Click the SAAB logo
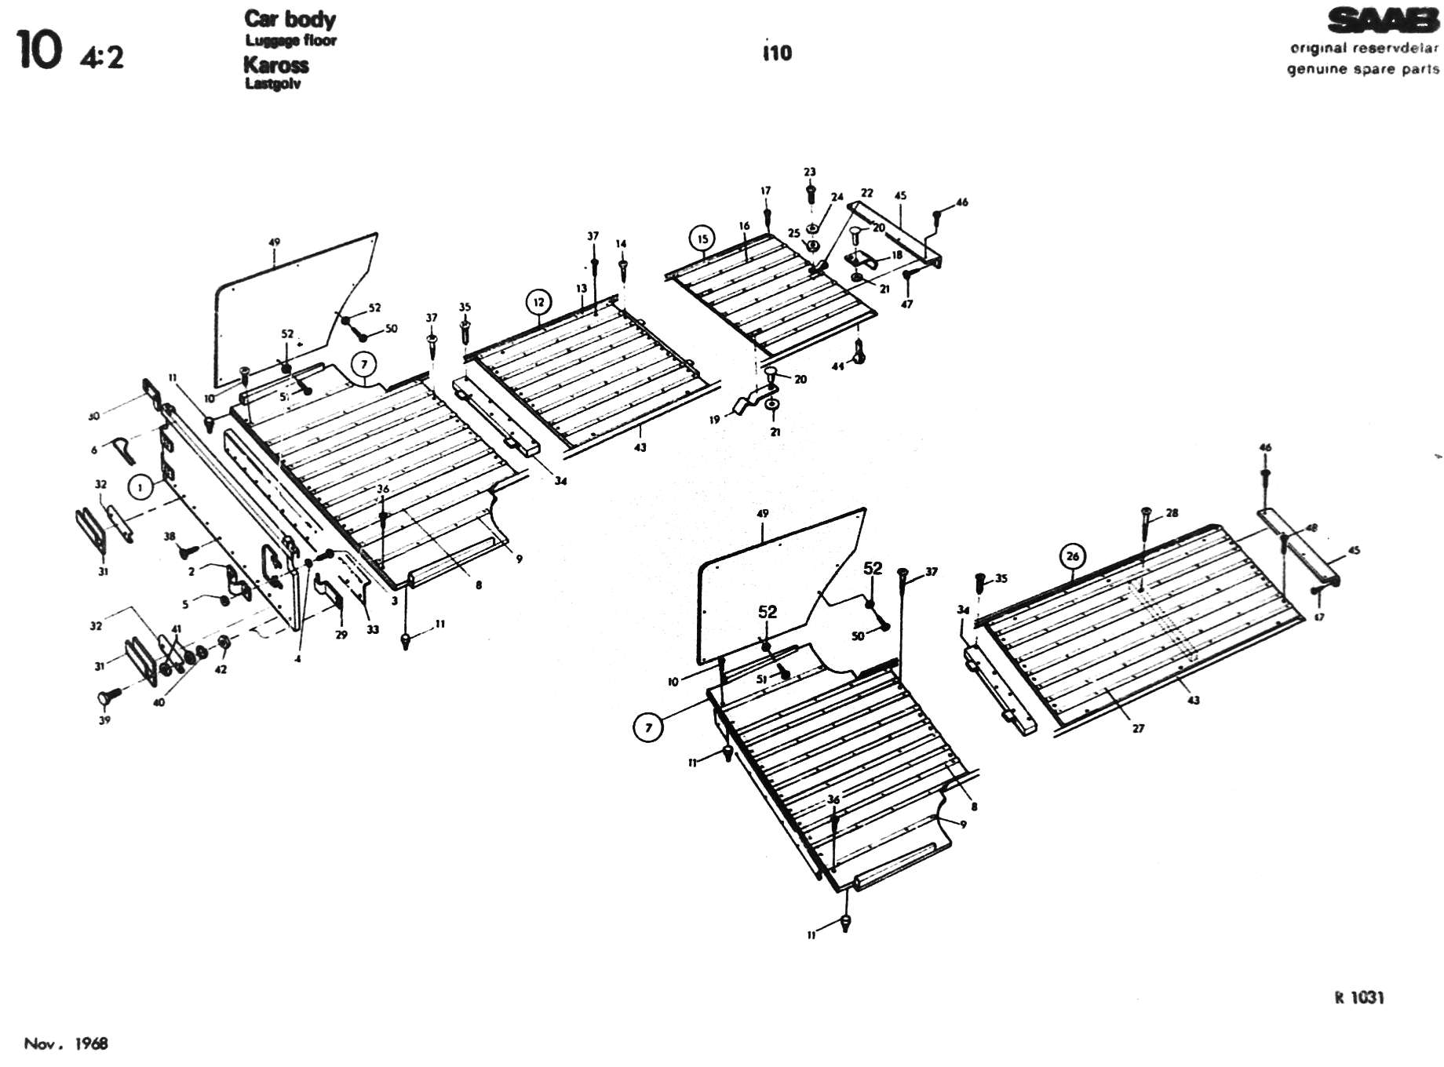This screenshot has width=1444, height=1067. (x=1383, y=21)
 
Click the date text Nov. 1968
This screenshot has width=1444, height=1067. (x=66, y=1043)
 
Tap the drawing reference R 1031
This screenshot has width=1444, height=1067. (x=1359, y=998)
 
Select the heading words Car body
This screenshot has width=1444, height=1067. (x=290, y=19)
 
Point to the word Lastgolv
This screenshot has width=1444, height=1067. (x=272, y=84)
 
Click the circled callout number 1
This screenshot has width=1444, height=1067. (x=140, y=488)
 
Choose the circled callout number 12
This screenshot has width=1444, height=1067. (x=538, y=302)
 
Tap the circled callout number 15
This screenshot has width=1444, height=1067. (x=702, y=239)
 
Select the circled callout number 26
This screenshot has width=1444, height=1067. (x=1072, y=556)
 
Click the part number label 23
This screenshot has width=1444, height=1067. (x=810, y=172)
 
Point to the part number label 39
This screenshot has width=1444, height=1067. (x=104, y=719)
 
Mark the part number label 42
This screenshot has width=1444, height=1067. (x=221, y=669)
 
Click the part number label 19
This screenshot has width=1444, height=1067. (x=714, y=420)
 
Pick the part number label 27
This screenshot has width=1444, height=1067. (x=1138, y=728)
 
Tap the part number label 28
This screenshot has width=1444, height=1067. (x=1172, y=513)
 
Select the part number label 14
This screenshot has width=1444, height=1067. (x=622, y=244)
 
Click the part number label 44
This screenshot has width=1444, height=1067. (x=838, y=366)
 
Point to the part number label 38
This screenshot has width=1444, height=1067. (x=170, y=537)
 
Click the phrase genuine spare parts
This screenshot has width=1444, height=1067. (x=1362, y=69)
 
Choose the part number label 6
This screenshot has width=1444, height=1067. (x=94, y=450)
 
